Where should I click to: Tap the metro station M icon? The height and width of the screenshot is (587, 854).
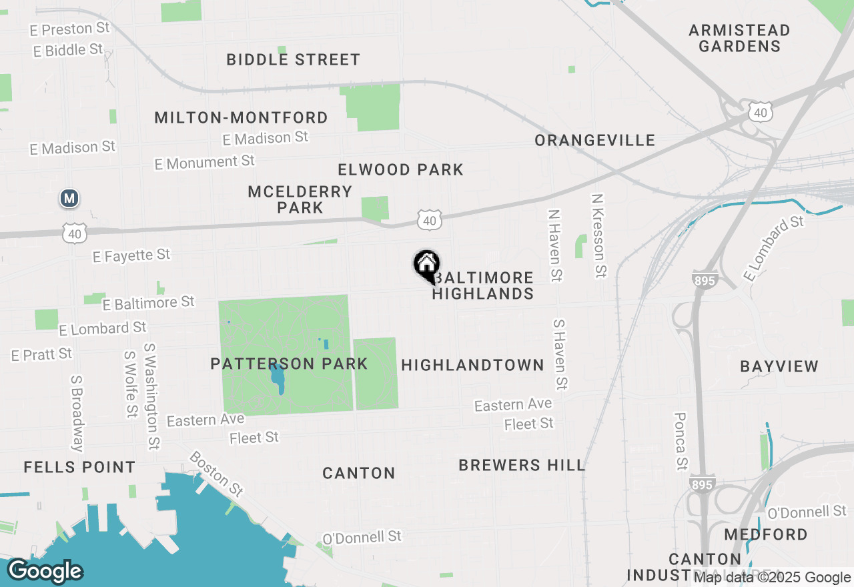69,198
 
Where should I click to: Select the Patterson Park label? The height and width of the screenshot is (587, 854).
289,364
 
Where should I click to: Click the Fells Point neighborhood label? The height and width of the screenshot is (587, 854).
79,467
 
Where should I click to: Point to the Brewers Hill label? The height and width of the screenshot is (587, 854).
522,465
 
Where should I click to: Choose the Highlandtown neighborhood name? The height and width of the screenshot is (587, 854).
472,365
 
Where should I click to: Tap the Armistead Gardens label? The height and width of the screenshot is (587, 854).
739,38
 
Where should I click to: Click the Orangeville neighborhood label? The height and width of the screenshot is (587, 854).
595,140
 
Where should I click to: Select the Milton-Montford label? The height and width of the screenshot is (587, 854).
241,118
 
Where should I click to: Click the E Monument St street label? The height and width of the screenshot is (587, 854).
205,162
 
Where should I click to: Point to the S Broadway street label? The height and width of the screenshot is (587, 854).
78,413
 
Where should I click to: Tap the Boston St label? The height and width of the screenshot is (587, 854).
216,474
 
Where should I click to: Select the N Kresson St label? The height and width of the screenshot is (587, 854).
599,235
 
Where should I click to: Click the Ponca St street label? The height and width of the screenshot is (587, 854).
681,440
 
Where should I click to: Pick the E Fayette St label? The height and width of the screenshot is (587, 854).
132,255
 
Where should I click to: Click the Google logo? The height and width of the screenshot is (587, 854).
45,571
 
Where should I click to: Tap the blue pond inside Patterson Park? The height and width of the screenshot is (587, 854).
278,378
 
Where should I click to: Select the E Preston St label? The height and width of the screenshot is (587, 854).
69,29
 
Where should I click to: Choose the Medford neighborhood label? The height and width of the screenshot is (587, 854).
765,534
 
